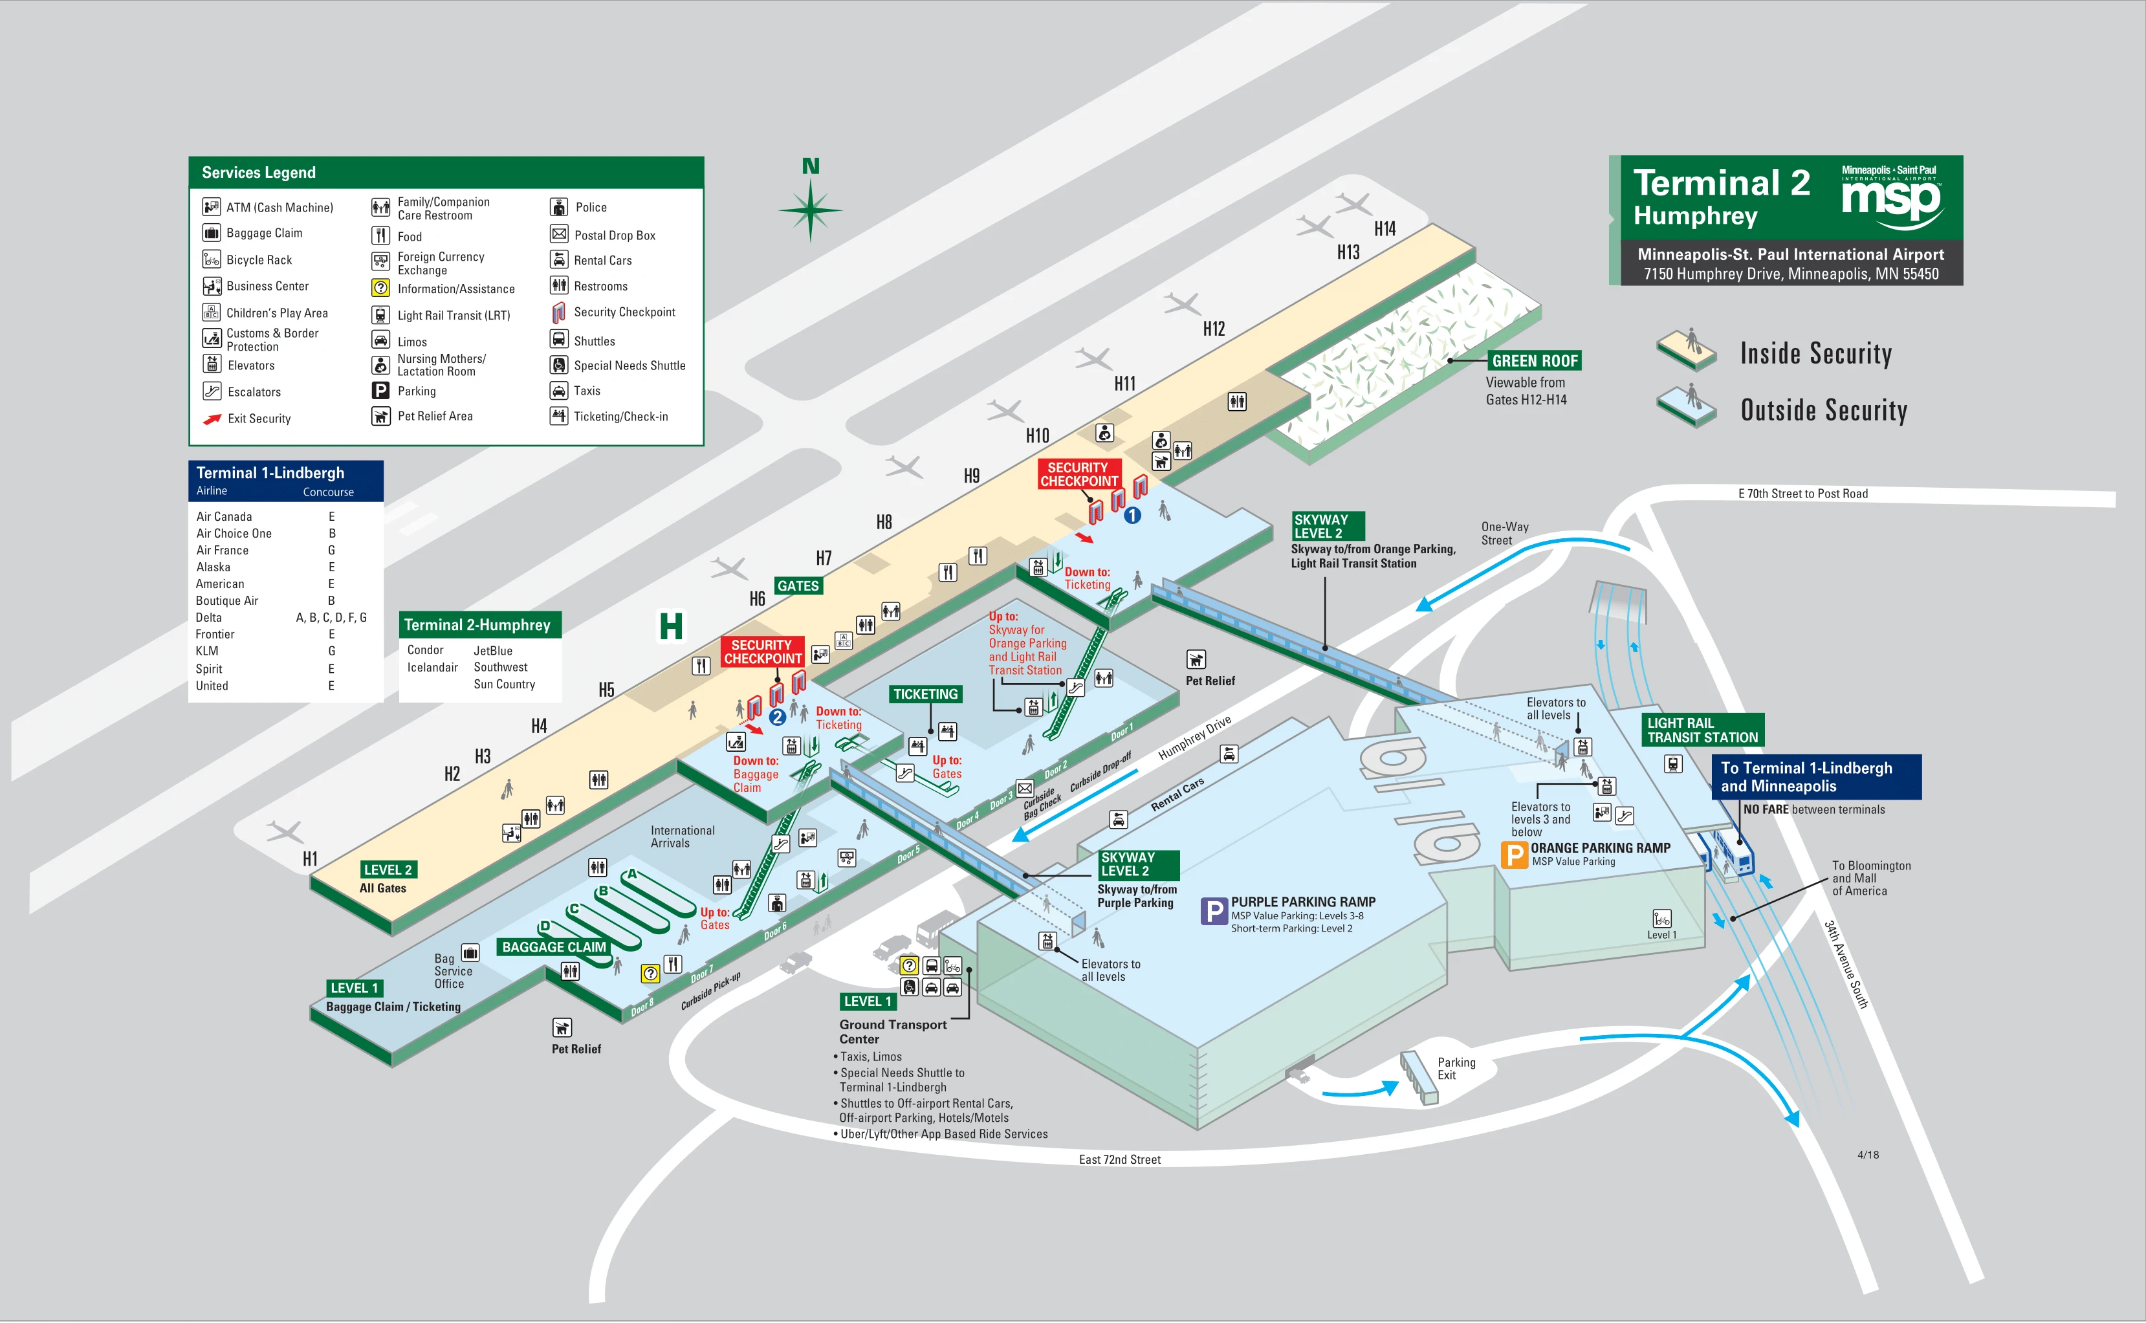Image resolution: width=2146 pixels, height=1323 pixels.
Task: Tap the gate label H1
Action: click(310, 858)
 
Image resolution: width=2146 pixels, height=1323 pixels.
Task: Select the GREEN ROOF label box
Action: click(1535, 360)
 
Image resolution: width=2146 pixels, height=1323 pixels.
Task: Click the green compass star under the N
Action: click(810, 210)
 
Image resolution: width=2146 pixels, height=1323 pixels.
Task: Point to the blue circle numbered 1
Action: click(1132, 516)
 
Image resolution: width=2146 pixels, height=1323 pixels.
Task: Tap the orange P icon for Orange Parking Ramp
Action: click(1513, 854)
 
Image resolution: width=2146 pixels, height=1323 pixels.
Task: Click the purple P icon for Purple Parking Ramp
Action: click(1214, 912)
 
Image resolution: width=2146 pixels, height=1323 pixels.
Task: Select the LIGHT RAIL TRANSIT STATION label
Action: click(1702, 730)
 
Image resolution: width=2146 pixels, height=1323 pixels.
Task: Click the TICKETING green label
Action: click(925, 694)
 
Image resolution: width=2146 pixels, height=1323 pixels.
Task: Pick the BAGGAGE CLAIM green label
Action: click(554, 946)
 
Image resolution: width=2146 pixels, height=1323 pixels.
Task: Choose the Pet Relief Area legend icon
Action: click(380, 417)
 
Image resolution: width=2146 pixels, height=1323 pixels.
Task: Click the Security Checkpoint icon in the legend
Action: click(558, 312)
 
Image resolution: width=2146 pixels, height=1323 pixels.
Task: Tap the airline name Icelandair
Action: click(432, 668)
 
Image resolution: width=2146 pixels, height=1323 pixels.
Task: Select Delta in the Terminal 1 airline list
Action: click(209, 618)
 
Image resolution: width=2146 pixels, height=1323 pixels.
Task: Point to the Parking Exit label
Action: click(1456, 1068)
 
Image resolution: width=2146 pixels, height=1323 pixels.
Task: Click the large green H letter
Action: click(671, 626)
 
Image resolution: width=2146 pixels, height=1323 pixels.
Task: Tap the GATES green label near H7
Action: click(798, 586)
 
